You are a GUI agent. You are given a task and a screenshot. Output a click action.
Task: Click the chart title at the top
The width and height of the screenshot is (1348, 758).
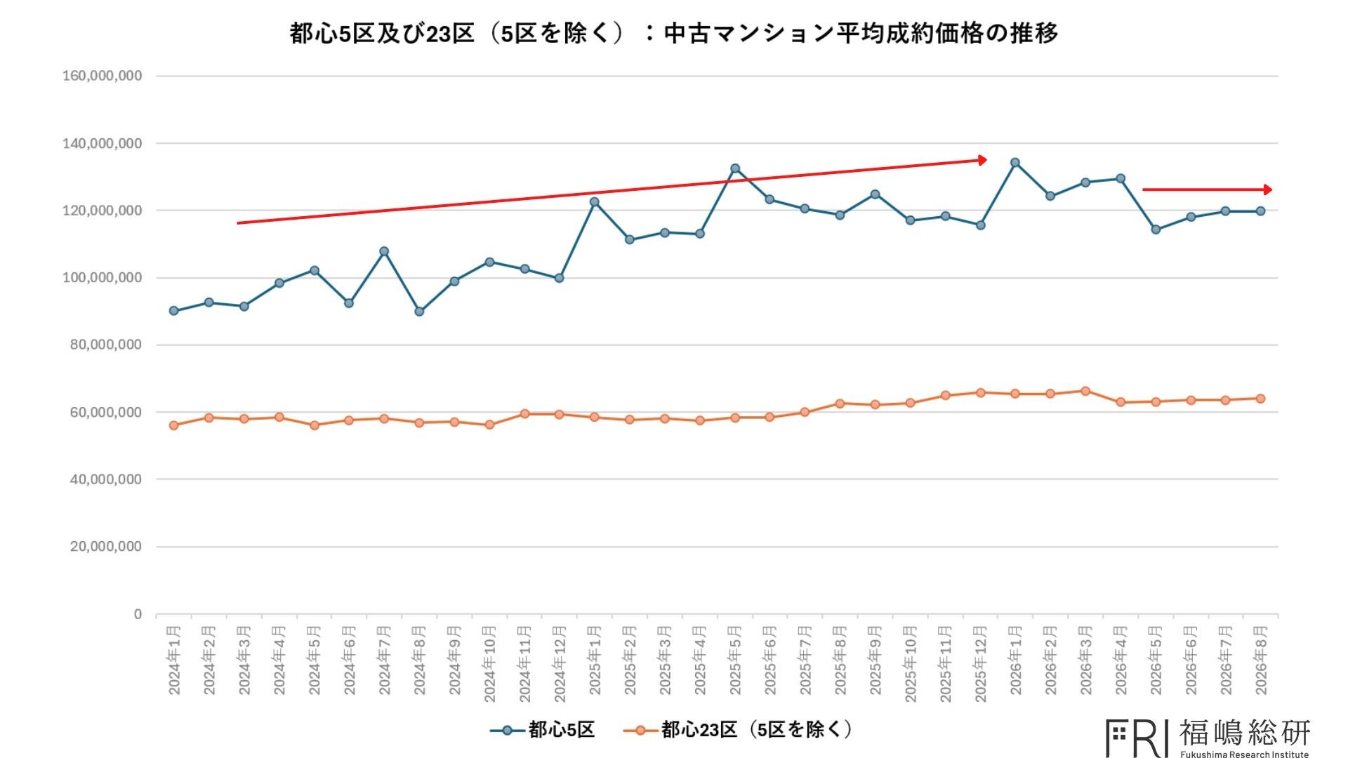point(673,33)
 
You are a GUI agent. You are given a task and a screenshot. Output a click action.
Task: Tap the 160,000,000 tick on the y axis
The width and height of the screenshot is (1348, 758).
point(102,76)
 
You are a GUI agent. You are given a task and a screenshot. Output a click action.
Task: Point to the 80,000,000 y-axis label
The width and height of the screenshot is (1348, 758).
point(105,345)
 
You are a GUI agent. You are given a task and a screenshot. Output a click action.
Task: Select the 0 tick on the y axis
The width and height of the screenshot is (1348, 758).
point(138,614)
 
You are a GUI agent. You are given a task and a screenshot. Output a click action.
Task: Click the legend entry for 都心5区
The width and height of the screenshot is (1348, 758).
point(542,730)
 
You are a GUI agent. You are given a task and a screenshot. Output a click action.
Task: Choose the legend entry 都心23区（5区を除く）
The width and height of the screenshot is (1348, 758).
point(738,730)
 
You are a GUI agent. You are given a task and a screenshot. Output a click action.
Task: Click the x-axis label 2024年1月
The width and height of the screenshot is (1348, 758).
point(174,660)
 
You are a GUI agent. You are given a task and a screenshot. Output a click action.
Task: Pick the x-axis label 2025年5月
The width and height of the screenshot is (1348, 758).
point(735,660)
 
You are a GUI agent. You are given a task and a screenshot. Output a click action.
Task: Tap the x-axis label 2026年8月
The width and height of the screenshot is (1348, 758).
point(1261,660)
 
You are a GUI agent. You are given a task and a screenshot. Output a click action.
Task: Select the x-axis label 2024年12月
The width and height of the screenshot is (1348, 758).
point(560,663)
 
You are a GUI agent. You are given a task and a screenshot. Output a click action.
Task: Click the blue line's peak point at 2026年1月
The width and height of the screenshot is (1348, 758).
point(1015,163)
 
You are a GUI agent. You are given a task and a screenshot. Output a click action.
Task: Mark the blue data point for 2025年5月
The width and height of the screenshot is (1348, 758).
point(735,168)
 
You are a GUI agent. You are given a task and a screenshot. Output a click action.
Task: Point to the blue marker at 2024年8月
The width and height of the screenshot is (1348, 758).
point(419,312)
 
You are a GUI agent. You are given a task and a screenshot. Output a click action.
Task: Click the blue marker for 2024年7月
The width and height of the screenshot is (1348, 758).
point(384,251)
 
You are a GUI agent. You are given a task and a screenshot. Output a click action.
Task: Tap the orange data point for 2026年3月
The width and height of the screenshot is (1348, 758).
point(1085,391)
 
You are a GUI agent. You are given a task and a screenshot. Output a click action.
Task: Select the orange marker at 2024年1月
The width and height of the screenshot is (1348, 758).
point(174,425)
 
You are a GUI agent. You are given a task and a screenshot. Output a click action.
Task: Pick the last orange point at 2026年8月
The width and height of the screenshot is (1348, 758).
point(1260,399)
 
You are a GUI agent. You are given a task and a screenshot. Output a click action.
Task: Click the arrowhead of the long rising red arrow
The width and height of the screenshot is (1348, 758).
point(983,160)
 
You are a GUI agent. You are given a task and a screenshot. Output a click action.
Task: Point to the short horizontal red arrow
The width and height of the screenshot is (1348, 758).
point(1207,189)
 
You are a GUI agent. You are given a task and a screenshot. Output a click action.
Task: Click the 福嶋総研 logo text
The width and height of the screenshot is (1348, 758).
point(1245,733)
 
